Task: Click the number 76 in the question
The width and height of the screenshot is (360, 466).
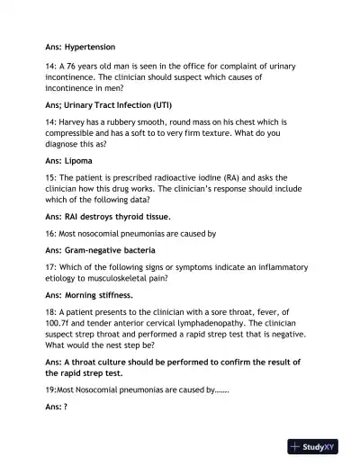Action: tap(76, 67)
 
